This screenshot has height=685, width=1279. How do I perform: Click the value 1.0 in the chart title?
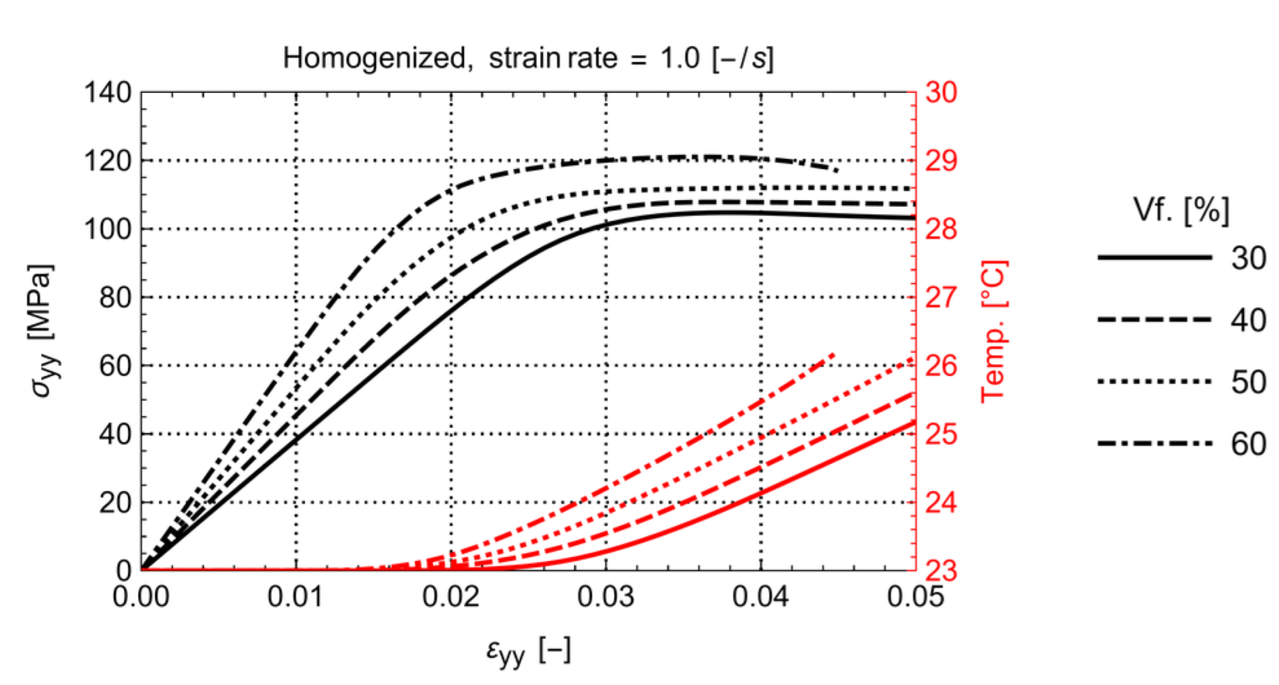click(x=679, y=58)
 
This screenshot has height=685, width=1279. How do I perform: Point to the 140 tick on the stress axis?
click(x=108, y=92)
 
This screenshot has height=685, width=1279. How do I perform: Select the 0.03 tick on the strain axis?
click(x=605, y=597)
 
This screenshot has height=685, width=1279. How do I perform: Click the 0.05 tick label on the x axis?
click(x=915, y=597)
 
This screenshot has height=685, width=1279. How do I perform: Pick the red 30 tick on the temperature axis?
click(x=941, y=92)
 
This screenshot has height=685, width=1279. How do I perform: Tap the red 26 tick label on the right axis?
click(x=941, y=366)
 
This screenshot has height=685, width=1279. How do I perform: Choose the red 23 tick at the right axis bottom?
click(x=941, y=571)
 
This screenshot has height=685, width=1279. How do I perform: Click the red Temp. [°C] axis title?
click(x=994, y=331)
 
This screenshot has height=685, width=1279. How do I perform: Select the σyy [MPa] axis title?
click(x=43, y=331)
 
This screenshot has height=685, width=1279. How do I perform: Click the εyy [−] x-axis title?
click(x=528, y=651)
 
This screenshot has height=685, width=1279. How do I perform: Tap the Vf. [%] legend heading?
click(x=1181, y=210)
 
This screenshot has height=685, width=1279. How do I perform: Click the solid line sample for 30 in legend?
click(x=1154, y=258)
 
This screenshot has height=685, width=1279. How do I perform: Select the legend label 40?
click(x=1248, y=320)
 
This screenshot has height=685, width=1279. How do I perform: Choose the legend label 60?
click(x=1248, y=444)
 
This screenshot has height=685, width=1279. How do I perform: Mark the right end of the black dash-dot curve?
click(x=838, y=170)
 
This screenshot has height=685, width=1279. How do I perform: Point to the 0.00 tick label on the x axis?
click(x=141, y=597)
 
